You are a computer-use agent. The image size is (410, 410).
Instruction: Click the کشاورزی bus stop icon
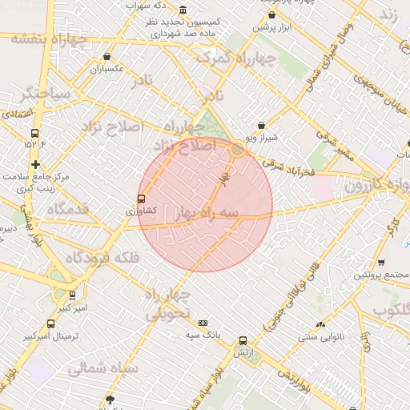click(142, 199)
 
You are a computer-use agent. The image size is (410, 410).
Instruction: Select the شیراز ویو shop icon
click(262, 125)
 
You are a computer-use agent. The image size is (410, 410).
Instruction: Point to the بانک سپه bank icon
click(202, 323)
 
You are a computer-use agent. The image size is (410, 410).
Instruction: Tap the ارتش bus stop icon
click(243, 340)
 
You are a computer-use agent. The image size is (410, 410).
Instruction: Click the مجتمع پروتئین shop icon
click(380, 262)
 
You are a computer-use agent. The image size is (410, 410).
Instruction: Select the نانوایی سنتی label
click(321, 337)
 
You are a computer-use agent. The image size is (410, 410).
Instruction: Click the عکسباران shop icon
click(107, 57)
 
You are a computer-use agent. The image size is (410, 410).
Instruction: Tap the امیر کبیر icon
click(72, 295)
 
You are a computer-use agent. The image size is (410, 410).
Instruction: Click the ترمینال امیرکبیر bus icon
click(51, 324)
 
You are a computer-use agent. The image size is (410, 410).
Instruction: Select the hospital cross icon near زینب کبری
click(34, 163)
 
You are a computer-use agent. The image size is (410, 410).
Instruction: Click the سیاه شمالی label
click(103, 369)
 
